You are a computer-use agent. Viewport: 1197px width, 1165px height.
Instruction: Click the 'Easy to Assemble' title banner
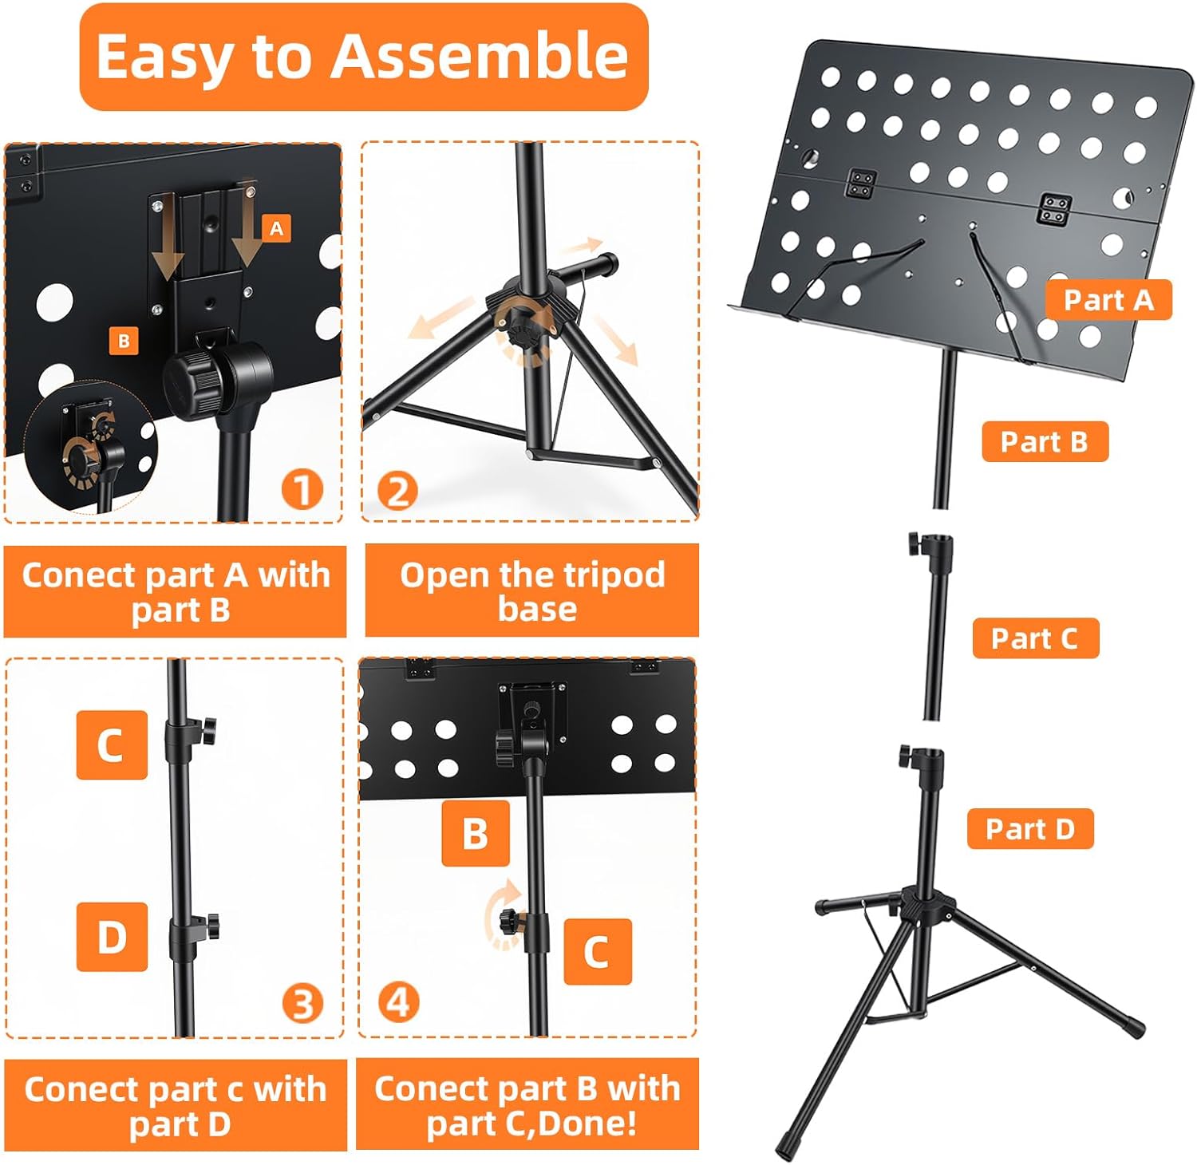363,57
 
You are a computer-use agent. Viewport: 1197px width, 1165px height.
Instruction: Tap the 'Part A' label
1108,300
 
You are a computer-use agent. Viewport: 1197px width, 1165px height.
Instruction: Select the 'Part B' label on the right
1044,441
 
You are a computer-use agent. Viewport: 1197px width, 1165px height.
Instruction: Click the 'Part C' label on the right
1035,638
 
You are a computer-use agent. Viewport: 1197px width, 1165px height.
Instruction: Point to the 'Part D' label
1029,829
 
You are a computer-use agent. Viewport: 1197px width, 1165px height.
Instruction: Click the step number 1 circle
302,489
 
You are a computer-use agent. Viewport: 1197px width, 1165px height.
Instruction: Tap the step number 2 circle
397,490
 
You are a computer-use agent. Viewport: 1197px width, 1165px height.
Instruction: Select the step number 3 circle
302,1003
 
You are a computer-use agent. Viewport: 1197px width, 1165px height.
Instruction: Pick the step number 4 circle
398,1001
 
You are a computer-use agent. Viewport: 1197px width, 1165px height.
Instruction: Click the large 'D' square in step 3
112,937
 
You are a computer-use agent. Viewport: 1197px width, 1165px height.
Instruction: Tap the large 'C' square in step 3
112,744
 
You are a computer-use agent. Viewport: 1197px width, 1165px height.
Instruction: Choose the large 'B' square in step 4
476,833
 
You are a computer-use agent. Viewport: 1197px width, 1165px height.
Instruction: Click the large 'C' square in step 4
597,951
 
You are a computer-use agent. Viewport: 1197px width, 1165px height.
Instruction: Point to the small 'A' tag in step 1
276,229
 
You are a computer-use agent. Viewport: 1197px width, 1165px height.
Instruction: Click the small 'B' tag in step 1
124,342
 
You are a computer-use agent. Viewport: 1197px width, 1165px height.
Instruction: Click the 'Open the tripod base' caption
532,591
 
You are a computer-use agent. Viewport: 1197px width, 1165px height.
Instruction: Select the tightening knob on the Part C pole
915,545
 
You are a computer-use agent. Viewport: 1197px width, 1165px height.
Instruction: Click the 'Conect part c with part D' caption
176,1106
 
